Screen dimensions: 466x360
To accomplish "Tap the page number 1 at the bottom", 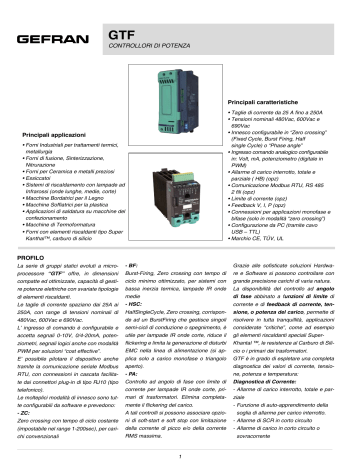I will (180, 456).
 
